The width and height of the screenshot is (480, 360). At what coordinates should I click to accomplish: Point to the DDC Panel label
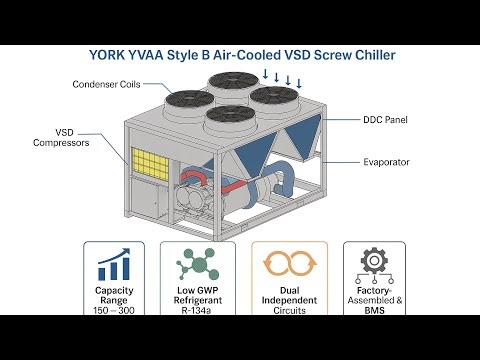pos(385,119)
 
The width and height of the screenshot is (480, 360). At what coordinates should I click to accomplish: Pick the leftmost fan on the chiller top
pos(188,99)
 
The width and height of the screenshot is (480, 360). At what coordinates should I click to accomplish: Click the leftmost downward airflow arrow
pos(264,74)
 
